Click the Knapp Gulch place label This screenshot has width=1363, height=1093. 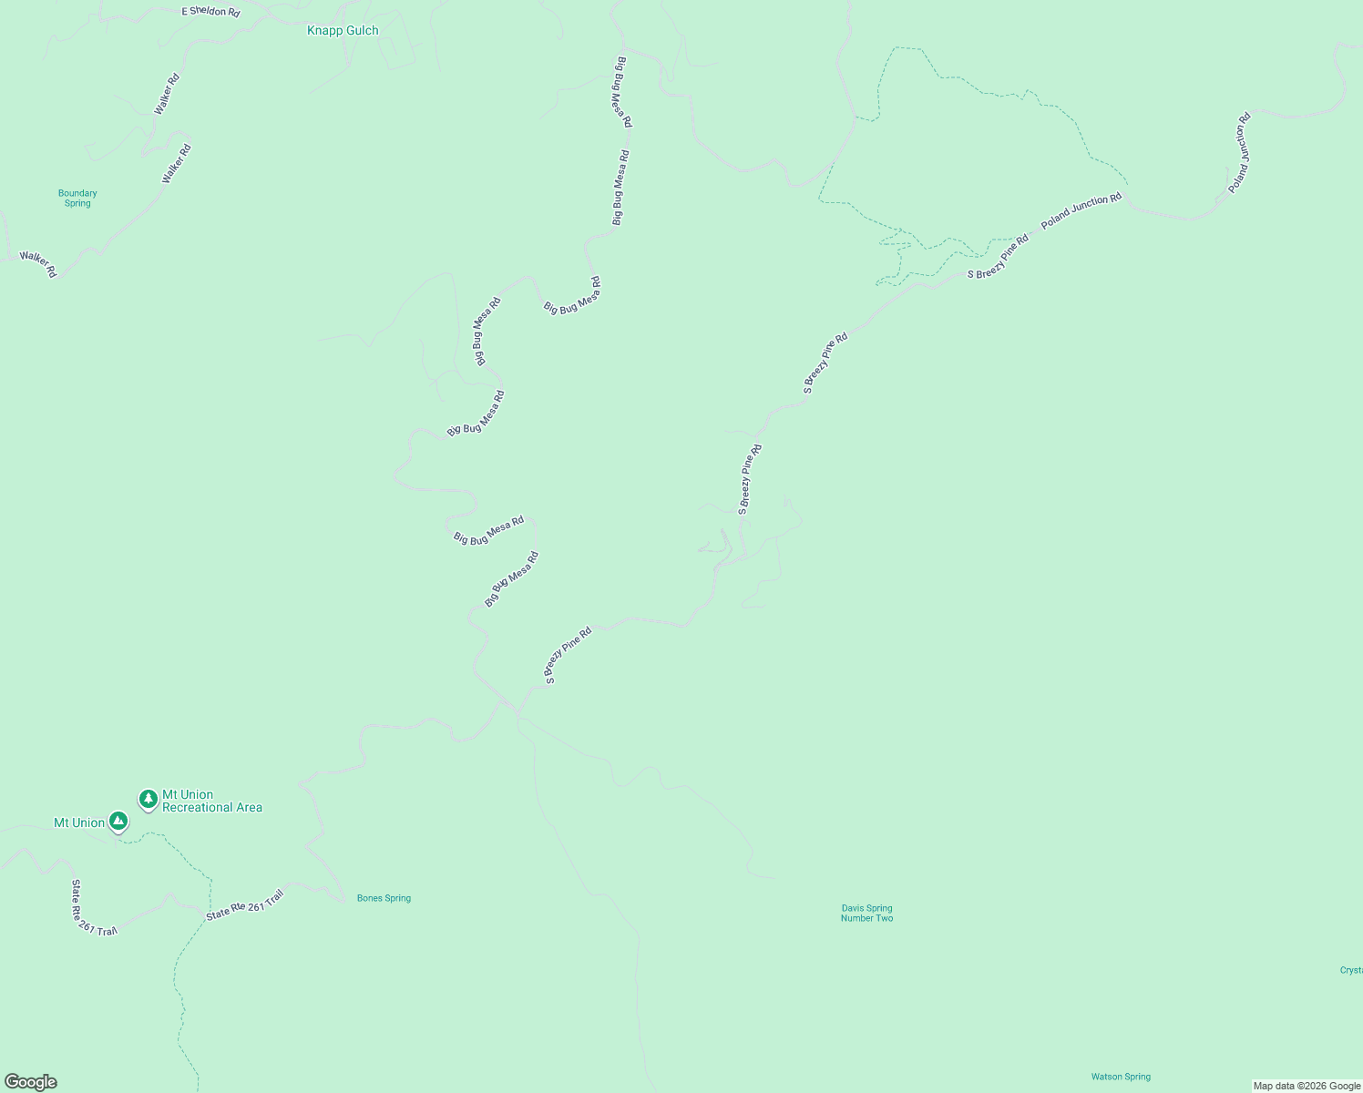tap(343, 31)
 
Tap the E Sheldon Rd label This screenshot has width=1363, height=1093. tap(210, 12)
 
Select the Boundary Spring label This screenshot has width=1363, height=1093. tap(77, 198)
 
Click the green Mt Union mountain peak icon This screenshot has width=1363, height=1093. tap(118, 821)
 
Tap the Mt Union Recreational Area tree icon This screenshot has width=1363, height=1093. tap(149, 799)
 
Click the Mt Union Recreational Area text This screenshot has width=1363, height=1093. tap(212, 801)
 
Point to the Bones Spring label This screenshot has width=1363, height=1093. tap(384, 898)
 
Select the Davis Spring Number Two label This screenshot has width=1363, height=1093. tap(866, 913)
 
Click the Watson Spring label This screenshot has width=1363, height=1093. tap(1121, 1077)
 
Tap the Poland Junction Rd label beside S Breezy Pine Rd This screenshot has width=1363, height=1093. tap(1081, 210)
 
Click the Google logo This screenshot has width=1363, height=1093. tap(31, 1082)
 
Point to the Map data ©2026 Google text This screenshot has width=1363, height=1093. tap(1307, 1086)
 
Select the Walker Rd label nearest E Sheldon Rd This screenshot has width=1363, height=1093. tap(167, 93)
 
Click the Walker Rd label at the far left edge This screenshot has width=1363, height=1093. tap(38, 264)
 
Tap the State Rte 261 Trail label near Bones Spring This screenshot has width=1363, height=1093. tap(245, 905)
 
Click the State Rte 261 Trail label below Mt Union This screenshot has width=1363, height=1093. tap(94, 908)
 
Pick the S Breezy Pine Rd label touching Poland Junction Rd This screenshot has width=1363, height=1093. tap(998, 256)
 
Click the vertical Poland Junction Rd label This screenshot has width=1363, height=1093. tap(1239, 152)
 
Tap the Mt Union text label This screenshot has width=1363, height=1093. tap(79, 823)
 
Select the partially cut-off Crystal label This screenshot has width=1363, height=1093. tap(1351, 970)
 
